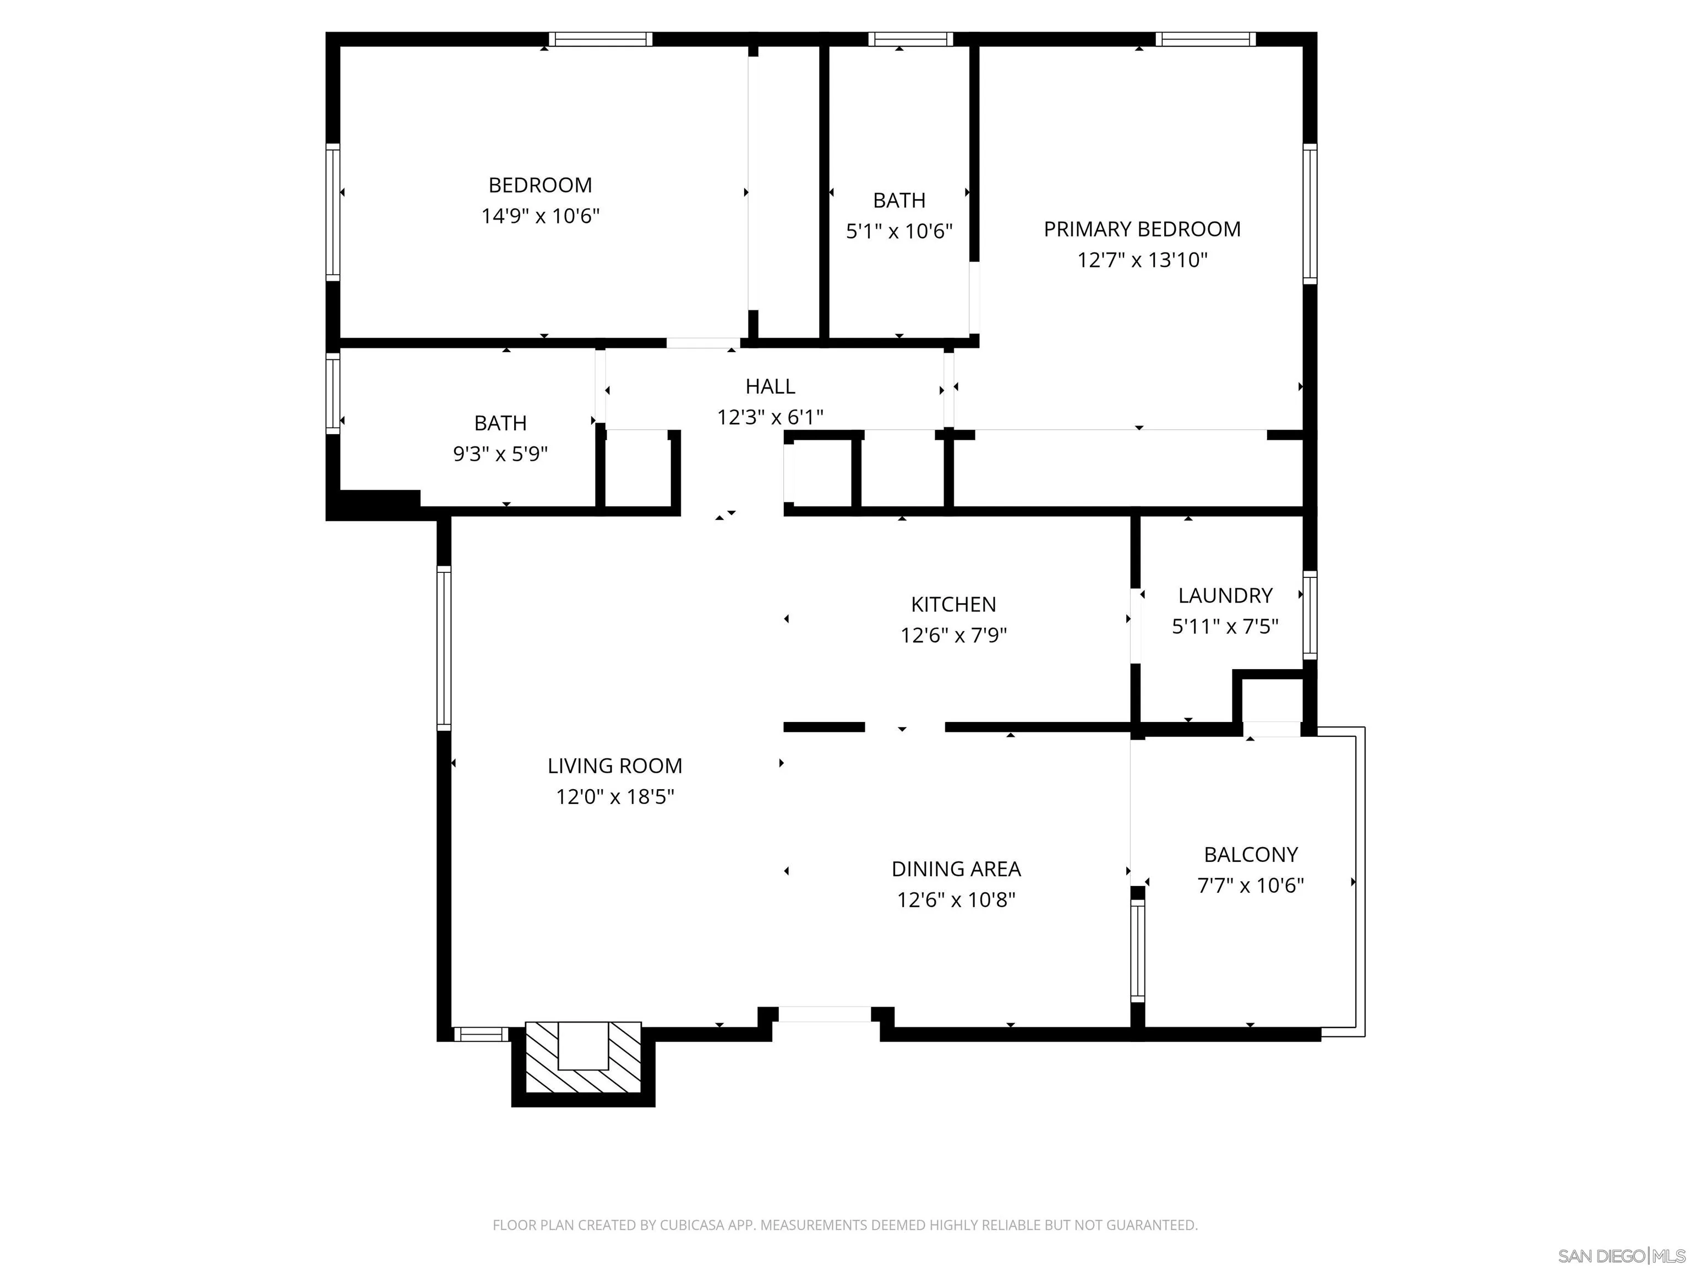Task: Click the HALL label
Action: (x=770, y=387)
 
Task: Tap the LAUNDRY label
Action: (x=1225, y=595)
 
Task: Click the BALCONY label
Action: (x=1250, y=855)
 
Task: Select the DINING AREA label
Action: (x=956, y=869)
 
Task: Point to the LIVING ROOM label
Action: (x=615, y=766)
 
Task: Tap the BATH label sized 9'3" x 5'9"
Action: (x=500, y=423)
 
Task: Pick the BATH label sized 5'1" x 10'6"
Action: (x=898, y=200)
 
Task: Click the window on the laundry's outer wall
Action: (x=1310, y=615)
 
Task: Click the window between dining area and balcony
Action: (x=1138, y=951)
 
